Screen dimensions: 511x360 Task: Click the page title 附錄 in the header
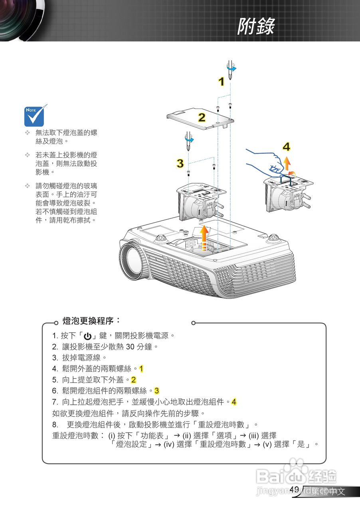click(x=256, y=27)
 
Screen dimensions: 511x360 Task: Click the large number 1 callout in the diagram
click(x=221, y=82)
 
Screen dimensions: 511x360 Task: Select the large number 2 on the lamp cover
click(x=202, y=118)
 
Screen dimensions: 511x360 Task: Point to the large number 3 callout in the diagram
click(x=180, y=163)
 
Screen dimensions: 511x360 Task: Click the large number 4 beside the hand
click(x=286, y=147)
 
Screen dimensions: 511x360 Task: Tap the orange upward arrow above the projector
click(x=204, y=238)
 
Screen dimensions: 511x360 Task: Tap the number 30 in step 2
click(x=131, y=347)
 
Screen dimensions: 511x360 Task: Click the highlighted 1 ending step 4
click(x=141, y=368)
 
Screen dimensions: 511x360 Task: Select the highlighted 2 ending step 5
click(x=133, y=380)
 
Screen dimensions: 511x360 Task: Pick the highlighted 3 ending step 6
click(x=157, y=390)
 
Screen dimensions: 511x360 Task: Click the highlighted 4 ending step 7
click(x=234, y=402)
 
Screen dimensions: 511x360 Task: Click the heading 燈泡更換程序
click(x=91, y=321)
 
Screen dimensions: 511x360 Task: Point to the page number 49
click(x=294, y=489)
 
